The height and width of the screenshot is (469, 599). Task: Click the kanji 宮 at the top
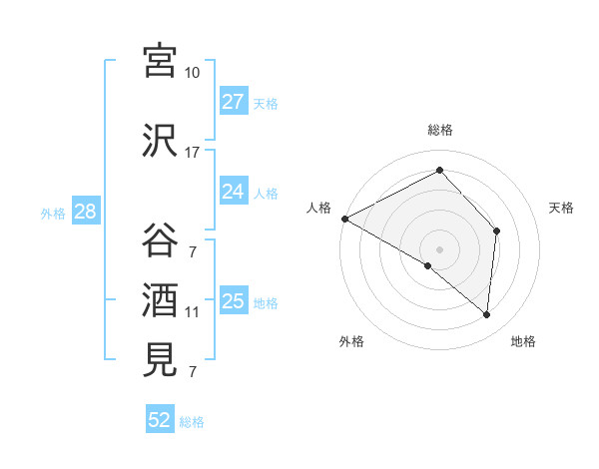[x=160, y=62]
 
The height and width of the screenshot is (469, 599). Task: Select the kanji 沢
[x=160, y=141]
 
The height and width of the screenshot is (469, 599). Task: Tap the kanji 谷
[x=160, y=240]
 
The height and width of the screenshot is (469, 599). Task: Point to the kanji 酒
[x=160, y=300]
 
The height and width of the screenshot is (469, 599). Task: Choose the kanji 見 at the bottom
[x=160, y=360]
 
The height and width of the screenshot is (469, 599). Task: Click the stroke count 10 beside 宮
[x=192, y=73]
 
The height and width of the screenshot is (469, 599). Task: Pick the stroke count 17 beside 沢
[x=192, y=153]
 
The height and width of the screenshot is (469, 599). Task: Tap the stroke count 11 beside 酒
[x=192, y=312]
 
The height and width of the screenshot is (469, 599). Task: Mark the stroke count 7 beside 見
[x=192, y=372]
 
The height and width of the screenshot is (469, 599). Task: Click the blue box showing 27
[x=234, y=102]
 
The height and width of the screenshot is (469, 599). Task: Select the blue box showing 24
[x=234, y=192]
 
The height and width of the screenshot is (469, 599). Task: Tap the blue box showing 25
[x=234, y=301]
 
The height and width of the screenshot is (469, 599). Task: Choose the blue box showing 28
[x=85, y=212]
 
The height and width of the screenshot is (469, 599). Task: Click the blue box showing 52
[x=160, y=421]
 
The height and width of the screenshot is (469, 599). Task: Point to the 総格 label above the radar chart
[x=440, y=130]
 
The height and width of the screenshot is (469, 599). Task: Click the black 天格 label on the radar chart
[x=562, y=208]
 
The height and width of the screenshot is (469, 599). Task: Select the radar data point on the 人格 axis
[x=344, y=219]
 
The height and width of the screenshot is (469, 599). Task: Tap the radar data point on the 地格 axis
[x=486, y=315]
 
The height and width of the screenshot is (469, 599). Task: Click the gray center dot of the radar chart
[x=439, y=248]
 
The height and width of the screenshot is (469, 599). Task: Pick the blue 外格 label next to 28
[x=53, y=213]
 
